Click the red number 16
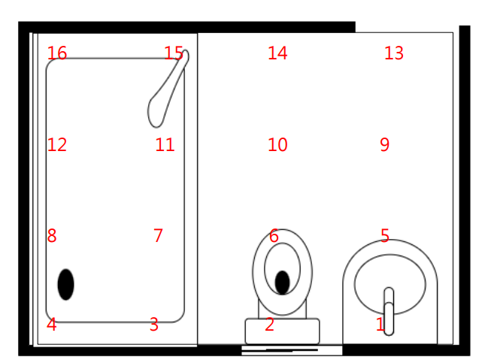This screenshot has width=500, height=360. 56,53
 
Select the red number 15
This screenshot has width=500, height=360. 174,53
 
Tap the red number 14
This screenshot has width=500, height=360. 277,53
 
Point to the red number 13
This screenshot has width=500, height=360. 394,53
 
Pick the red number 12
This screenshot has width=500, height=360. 56,145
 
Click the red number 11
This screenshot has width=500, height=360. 165,145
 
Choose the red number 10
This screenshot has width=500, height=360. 277,145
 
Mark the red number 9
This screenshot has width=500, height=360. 384,145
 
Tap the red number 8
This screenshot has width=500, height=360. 52,236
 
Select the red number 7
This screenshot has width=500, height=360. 158,236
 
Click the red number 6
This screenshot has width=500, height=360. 274,236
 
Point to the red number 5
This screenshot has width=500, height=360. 385,236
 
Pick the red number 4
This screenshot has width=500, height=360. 52,325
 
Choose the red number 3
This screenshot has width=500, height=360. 154,325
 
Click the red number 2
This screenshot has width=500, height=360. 269,325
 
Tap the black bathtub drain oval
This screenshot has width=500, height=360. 65,284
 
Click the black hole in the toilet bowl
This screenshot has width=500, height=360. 282,283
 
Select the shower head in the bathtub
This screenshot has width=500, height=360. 168,89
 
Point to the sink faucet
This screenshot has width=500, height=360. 389,311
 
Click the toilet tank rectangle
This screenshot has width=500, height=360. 282,331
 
